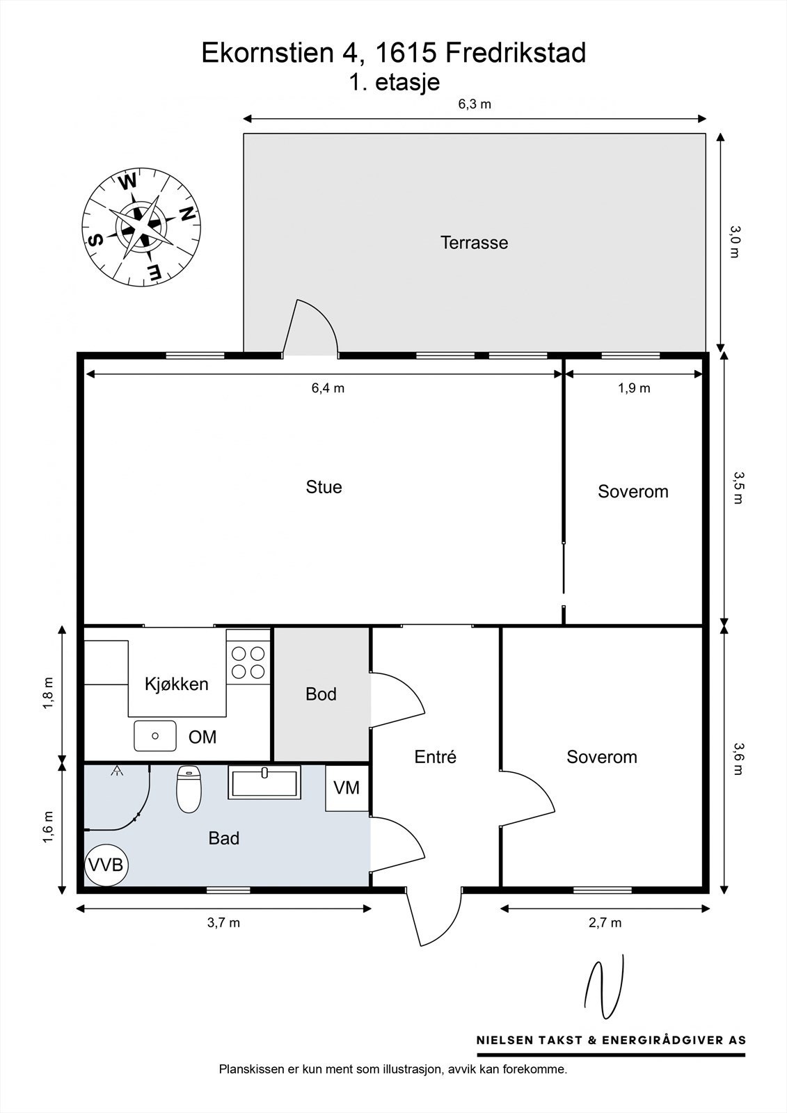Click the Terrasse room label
475,243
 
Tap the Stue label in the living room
324,487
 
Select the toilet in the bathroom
189,789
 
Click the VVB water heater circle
106,865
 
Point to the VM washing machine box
347,787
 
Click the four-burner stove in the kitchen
248,662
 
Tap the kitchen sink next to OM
155,736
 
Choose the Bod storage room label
321,694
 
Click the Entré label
436,757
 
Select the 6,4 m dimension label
328,388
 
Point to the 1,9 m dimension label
635,388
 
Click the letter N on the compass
186,213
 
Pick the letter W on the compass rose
128,182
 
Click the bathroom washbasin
264,782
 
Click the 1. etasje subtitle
395,82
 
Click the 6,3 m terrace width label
475,104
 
